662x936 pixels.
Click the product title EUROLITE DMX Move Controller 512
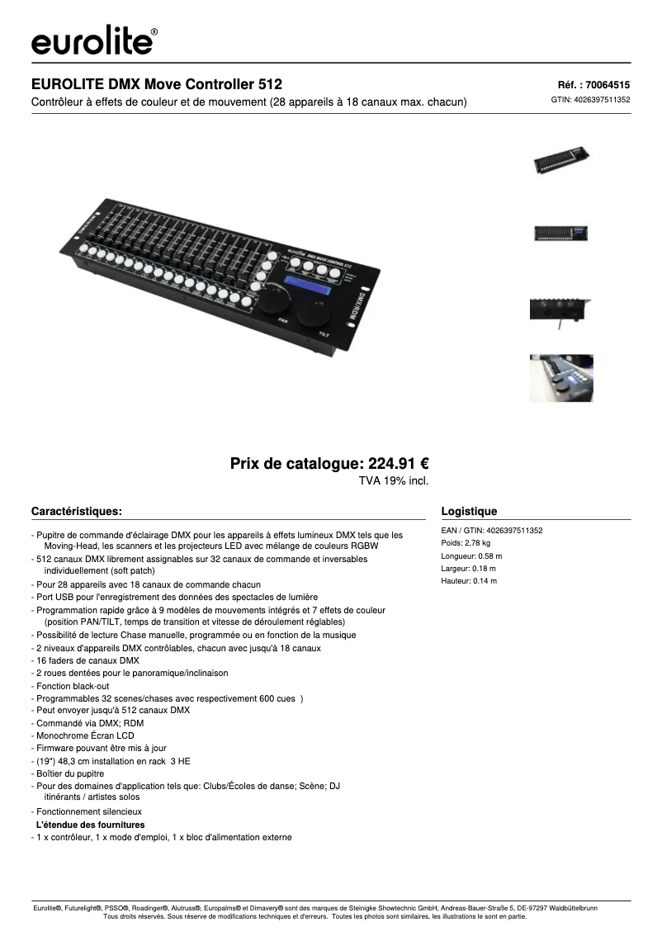pyautogui.click(x=157, y=84)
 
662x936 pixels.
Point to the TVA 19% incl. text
pyautogui.click(x=394, y=480)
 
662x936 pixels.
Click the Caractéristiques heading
pyautogui.click(x=77, y=511)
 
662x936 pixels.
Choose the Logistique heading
pyautogui.click(x=470, y=511)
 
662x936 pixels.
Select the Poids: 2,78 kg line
pyautogui.click(x=466, y=543)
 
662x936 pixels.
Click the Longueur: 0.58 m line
pyautogui.click(x=472, y=556)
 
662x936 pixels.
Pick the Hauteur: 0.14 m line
pyautogui.click(x=470, y=581)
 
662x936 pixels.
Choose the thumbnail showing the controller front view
pyautogui.click(x=561, y=233)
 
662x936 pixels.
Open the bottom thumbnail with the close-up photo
pyautogui.click(x=561, y=378)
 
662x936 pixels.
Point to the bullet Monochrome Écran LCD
pyautogui.click(x=83, y=735)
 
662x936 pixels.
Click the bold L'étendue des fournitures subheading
pyautogui.click(x=90, y=825)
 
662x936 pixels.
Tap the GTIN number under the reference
pyautogui.click(x=590, y=100)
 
